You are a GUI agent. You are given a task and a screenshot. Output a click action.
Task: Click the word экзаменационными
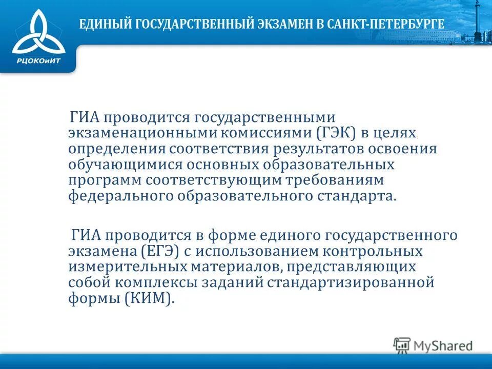coord(143,133)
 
